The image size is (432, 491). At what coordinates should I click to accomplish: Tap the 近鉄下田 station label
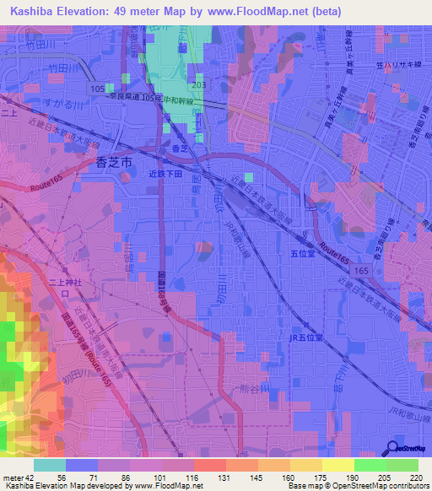point(165,173)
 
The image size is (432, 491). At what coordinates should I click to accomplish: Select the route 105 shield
point(99,88)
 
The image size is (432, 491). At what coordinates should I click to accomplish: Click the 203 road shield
point(198,86)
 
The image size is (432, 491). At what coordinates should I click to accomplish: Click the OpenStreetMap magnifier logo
point(392,448)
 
